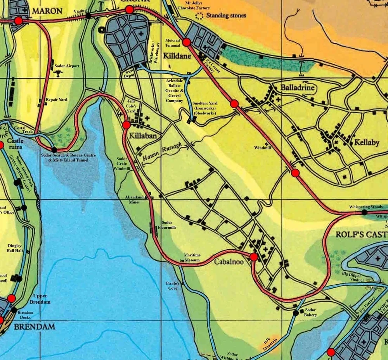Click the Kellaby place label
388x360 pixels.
pyautogui.click(x=366, y=143)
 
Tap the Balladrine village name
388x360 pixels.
pyautogui.click(x=297, y=88)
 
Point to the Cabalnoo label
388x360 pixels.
pyautogui.click(x=229, y=262)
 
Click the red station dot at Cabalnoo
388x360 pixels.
pyautogui.click(x=254, y=257)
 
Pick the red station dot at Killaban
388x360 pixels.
pyautogui.click(x=126, y=125)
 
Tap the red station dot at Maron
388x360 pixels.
pyautogui.click(x=18, y=21)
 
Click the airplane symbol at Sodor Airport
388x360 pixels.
pyautogui.click(x=59, y=74)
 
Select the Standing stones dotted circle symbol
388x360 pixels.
pyautogui.click(x=200, y=16)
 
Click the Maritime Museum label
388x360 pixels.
pyautogui.click(x=192, y=257)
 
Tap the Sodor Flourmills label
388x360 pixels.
pyautogui.click(x=167, y=225)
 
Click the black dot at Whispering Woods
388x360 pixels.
pyautogui.click(x=364, y=212)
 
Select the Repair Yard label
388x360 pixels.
pyautogui.click(x=57, y=100)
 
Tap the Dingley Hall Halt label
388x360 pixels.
pyautogui.click(x=16, y=248)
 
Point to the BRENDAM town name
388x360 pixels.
pyautogui.click(x=34, y=327)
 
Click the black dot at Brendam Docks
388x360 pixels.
pyautogui.click(x=14, y=310)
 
